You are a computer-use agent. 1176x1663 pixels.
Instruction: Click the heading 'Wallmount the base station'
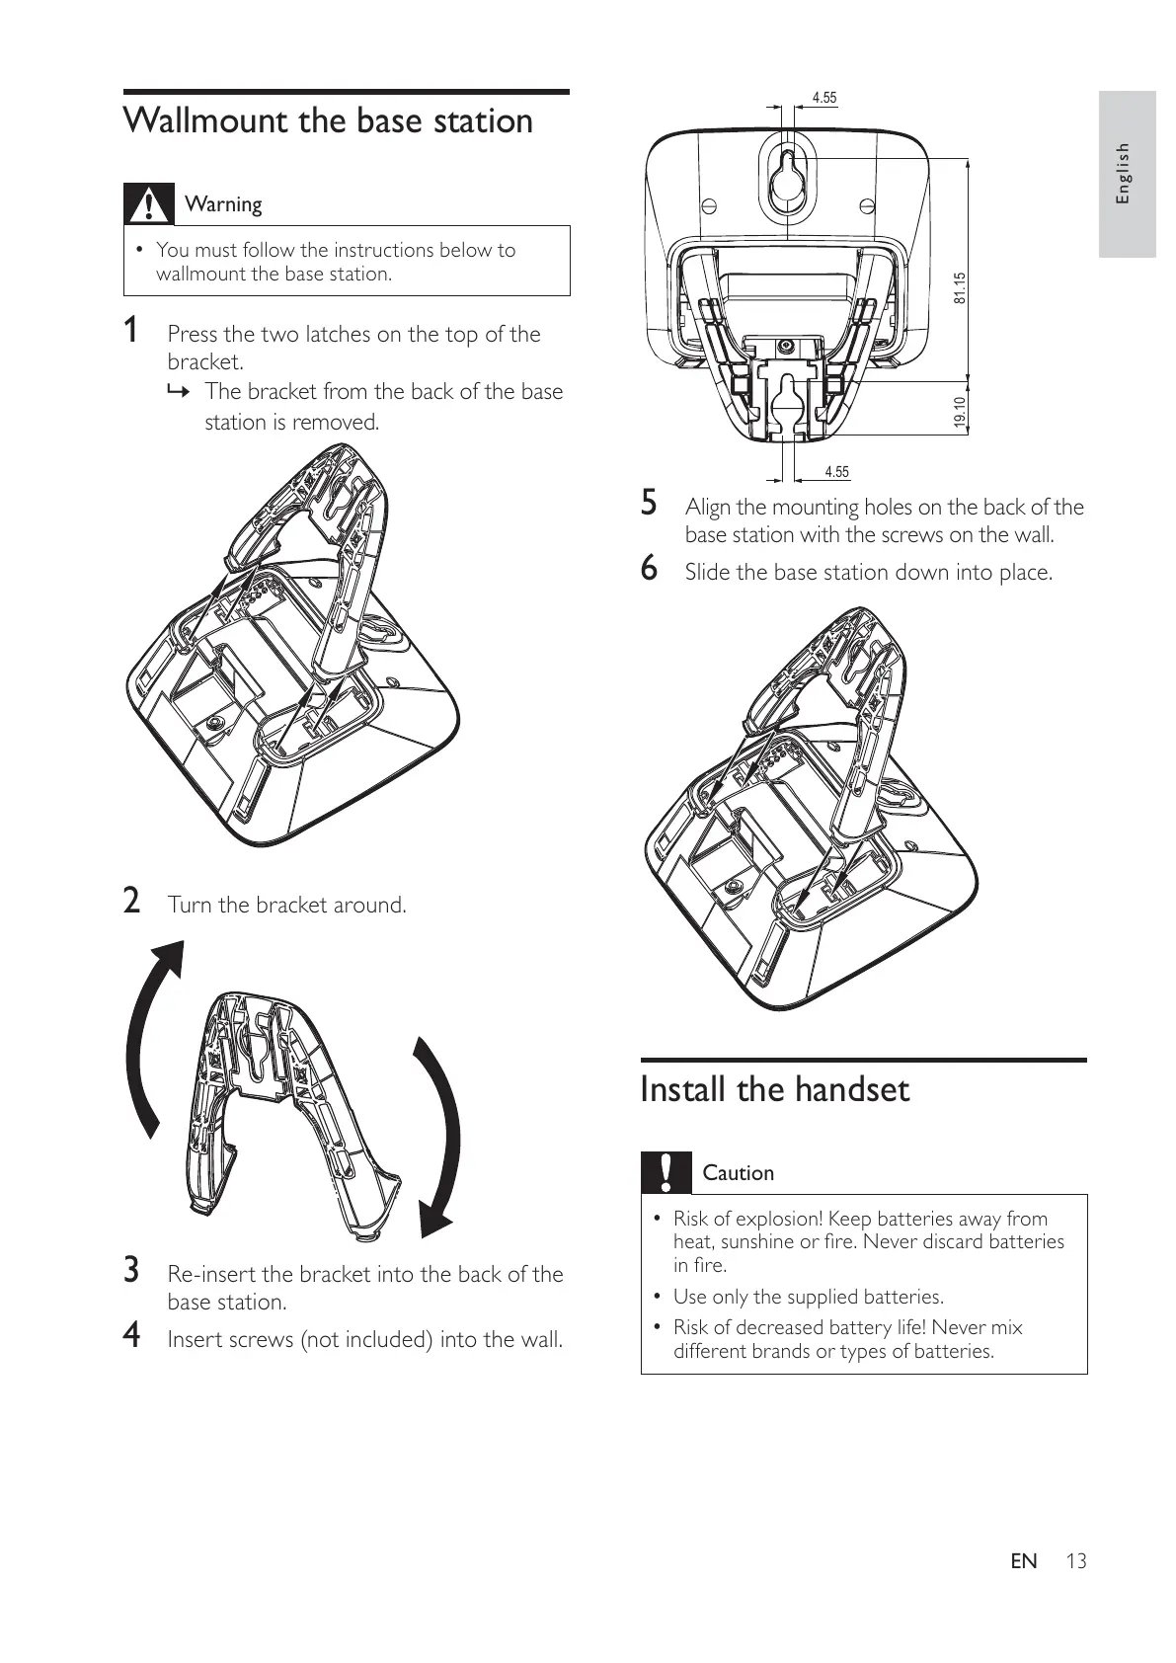328,121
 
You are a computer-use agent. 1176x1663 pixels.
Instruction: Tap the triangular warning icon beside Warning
148,203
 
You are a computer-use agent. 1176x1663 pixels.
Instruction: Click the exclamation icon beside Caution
666,1172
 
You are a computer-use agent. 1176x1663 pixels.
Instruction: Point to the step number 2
130,902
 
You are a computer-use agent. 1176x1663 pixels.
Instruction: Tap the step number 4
130,1336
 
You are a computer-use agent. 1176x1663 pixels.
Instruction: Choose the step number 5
649,504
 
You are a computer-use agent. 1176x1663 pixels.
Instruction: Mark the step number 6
649,569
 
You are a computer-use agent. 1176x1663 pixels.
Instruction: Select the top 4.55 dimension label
823,98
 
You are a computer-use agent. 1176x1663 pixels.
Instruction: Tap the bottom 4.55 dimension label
836,472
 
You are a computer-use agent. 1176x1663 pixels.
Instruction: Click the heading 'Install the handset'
774,1090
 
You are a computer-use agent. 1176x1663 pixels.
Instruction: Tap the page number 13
1076,1561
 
